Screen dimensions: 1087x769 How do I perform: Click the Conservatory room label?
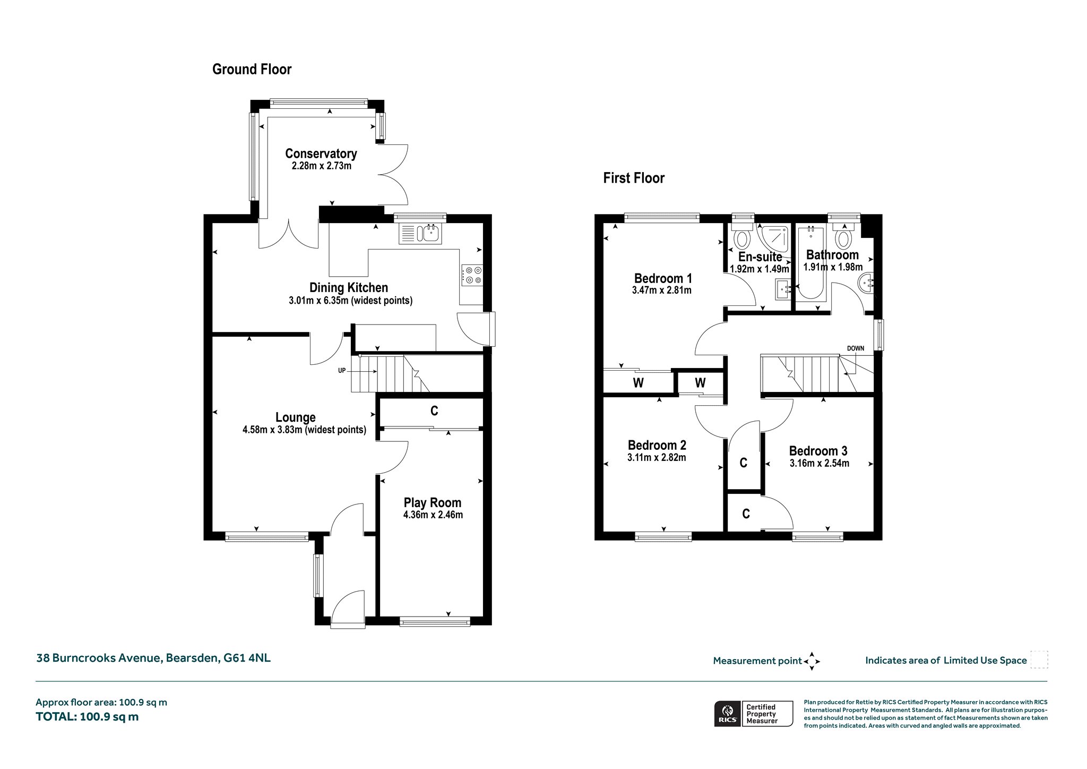[321, 153]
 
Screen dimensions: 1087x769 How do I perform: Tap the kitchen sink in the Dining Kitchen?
[420, 234]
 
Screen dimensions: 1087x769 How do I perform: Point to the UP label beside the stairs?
[342, 371]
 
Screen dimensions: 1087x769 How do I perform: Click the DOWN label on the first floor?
[856, 348]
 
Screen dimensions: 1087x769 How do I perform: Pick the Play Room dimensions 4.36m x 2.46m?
[433, 515]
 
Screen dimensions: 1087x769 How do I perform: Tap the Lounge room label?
[296, 417]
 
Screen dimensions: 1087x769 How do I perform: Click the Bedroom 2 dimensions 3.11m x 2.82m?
[657, 457]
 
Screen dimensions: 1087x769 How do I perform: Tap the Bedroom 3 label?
[818, 451]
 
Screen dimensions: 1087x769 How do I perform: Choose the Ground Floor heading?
[252, 70]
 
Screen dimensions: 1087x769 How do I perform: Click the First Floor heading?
[634, 178]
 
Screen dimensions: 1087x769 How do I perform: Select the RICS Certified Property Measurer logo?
[754, 713]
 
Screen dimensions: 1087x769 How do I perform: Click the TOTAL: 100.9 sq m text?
[87, 716]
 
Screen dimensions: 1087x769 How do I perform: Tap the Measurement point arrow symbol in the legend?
[812, 661]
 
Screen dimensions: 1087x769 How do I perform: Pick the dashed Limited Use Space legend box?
[1039, 660]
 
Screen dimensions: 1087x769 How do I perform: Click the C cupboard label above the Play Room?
[434, 411]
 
